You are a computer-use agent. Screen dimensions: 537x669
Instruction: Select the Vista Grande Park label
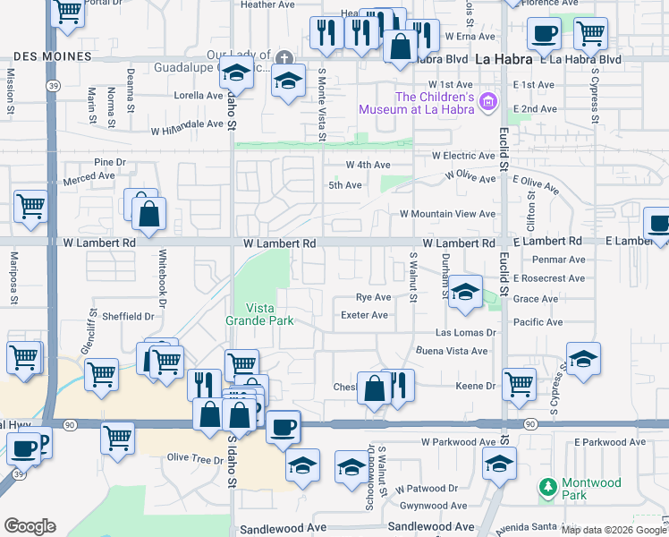pos(259,313)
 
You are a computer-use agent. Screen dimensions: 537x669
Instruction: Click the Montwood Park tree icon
pos(548,487)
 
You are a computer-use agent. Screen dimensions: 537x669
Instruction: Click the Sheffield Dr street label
pos(128,316)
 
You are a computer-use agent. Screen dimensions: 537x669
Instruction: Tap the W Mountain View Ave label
pos(447,214)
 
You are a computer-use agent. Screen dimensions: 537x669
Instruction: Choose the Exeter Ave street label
pos(365,315)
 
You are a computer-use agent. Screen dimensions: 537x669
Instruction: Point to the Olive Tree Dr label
pos(195,459)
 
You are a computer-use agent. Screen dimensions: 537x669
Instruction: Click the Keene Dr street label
pos(476,386)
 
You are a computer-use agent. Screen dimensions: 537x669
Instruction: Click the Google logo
pos(30,526)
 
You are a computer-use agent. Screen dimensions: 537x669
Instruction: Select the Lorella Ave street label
pos(198,95)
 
